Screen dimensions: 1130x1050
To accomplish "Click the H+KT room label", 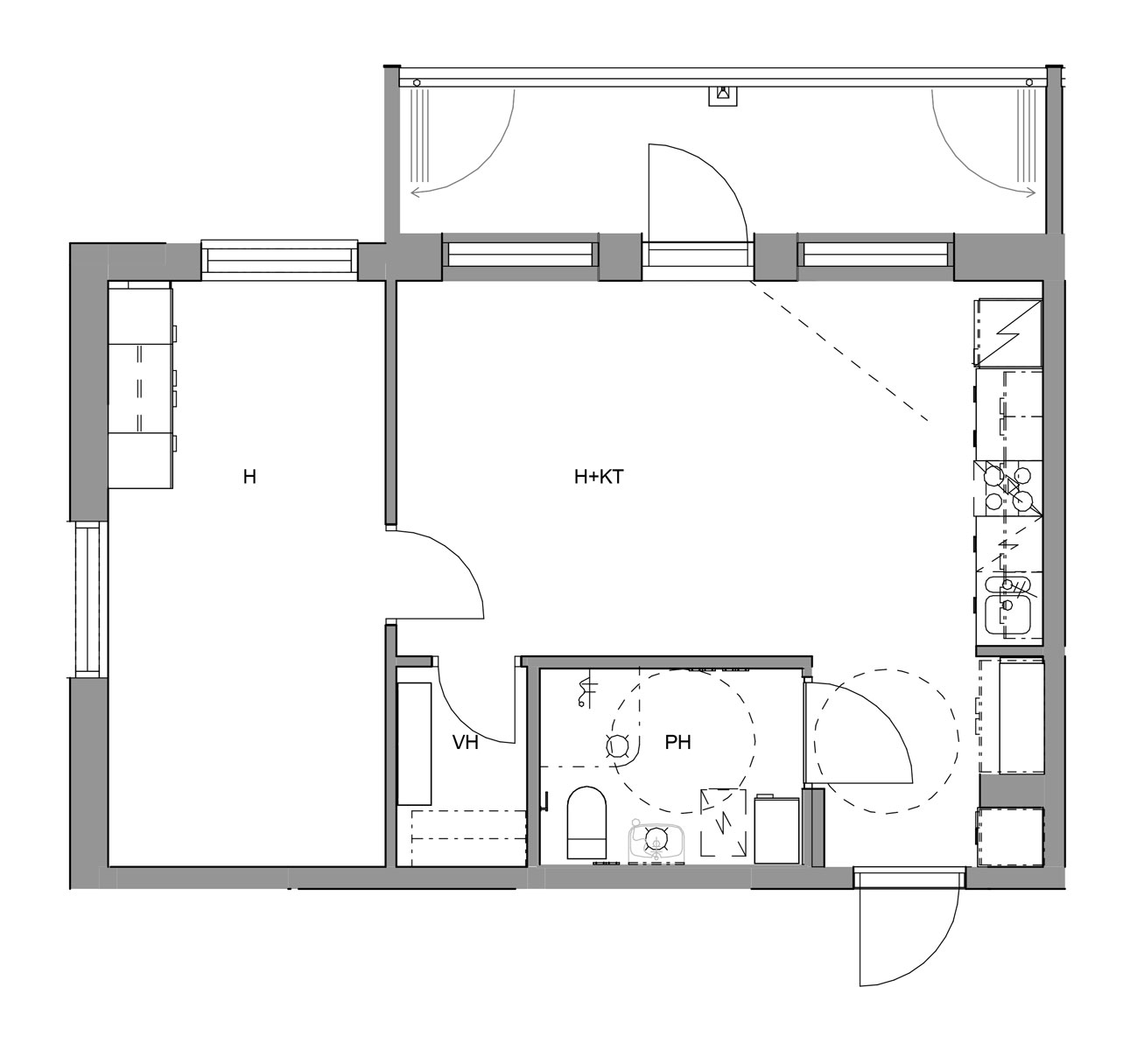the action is tap(599, 477).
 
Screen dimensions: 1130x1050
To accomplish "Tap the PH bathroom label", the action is tap(677, 742).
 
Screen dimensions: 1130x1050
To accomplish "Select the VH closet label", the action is tap(465, 742).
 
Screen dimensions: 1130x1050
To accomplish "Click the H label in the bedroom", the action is tap(249, 477).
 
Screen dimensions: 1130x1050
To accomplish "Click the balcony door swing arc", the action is tap(718, 171).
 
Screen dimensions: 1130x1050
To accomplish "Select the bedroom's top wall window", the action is tap(279, 260).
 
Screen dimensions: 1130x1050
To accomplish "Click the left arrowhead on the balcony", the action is tap(416, 192).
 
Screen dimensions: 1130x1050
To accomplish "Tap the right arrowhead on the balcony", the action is tap(1031, 192).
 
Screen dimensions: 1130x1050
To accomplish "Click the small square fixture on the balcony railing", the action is tap(723, 95).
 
